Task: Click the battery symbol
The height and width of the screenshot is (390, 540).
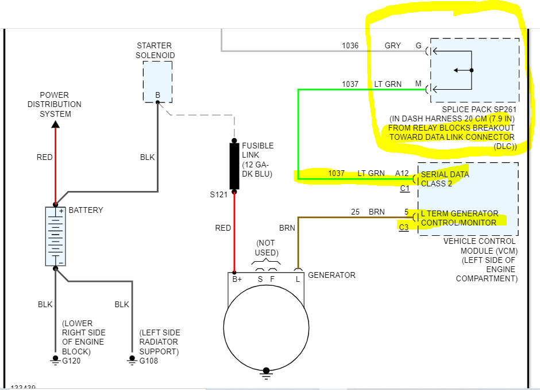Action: click(x=56, y=236)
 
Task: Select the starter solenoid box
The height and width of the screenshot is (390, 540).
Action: click(x=157, y=82)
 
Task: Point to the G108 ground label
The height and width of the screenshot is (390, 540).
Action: click(x=148, y=361)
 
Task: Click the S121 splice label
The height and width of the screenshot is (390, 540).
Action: click(x=219, y=194)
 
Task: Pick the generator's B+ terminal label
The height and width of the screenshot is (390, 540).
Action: click(x=237, y=279)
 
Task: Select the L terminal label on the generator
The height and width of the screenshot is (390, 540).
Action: click(x=298, y=279)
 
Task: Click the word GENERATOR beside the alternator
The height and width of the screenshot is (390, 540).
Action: click(x=331, y=275)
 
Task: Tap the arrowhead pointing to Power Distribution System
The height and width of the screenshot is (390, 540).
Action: click(x=55, y=123)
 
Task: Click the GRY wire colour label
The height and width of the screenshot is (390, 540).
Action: click(x=393, y=45)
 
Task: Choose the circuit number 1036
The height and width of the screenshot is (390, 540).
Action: click(x=350, y=45)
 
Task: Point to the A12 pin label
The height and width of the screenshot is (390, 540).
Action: click(x=402, y=173)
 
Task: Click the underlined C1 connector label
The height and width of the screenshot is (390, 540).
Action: click(x=405, y=188)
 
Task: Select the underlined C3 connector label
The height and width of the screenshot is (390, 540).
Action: click(x=404, y=227)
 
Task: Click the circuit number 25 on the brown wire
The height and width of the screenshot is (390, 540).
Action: click(x=356, y=212)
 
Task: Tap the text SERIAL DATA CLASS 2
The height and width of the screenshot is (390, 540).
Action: click(x=445, y=179)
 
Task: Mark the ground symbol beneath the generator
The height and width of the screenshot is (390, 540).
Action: click(x=265, y=373)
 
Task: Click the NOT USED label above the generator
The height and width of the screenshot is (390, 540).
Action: click(x=267, y=248)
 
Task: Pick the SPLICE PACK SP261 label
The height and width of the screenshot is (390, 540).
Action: click(x=479, y=109)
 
